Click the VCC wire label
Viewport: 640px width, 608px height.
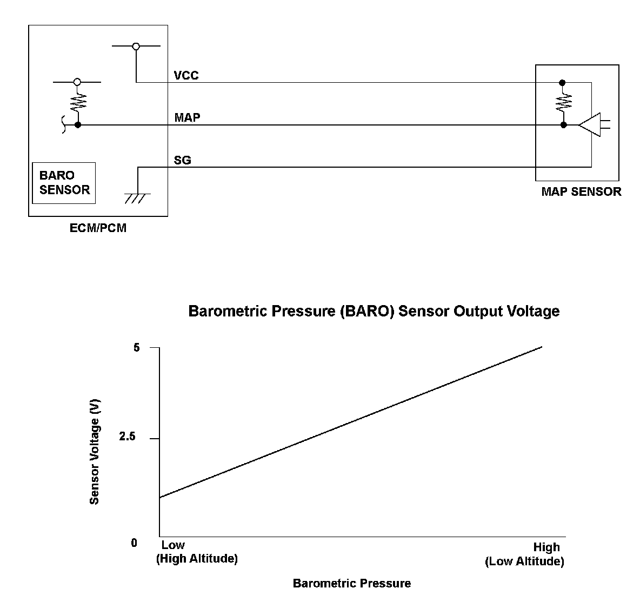click(186, 75)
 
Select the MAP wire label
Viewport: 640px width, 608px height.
click(187, 117)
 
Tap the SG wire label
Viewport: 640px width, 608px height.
click(182, 160)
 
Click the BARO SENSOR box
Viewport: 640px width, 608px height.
click(64, 183)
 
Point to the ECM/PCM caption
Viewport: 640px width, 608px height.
click(98, 228)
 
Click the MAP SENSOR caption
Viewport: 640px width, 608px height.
click(581, 191)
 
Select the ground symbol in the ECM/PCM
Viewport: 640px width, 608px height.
click(136, 196)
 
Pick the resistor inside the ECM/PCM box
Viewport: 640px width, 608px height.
click(78, 101)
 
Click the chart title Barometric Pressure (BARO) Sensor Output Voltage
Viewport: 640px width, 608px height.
click(374, 311)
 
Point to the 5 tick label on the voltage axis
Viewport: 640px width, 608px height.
click(136, 347)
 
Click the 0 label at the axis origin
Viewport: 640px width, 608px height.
click(134, 543)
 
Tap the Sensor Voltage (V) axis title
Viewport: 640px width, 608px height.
click(95, 452)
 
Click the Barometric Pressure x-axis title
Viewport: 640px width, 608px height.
click(351, 583)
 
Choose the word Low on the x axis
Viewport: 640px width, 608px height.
click(172, 545)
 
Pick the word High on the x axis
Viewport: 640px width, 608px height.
click(546, 547)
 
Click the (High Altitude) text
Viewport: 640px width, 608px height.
click(197, 559)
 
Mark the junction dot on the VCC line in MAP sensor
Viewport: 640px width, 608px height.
click(562, 83)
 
